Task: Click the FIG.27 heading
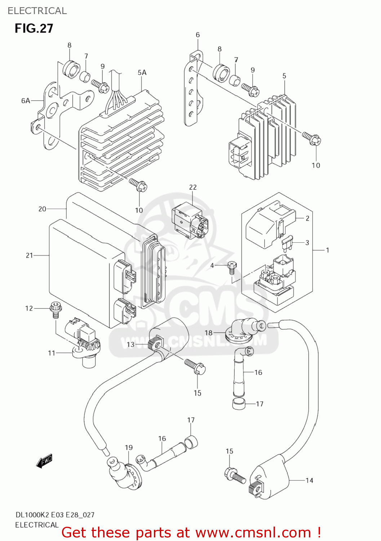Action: click(x=34, y=28)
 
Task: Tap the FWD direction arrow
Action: click(x=45, y=461)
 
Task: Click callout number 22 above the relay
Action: click(x=193, y=187)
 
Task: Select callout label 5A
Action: click(x=142, y=72)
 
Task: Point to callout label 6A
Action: click(x=26, y=101)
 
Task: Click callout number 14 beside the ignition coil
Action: click(x=309, y=480)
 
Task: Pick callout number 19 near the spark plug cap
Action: click(x=129, y=448)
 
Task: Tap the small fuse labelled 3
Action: click(x=287, y=244)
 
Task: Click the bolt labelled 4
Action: click(x=232, y=267)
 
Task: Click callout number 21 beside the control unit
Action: click(x=29, y=255)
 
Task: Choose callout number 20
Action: click(x=42, y=209)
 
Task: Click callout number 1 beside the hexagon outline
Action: click(x=327, y=250)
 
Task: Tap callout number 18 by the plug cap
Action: click(x=209, y=333)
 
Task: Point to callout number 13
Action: click(x=130, y=344)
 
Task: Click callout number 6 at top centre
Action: click(x=198, y=35)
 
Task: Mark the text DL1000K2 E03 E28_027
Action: click(x=55, y=515)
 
